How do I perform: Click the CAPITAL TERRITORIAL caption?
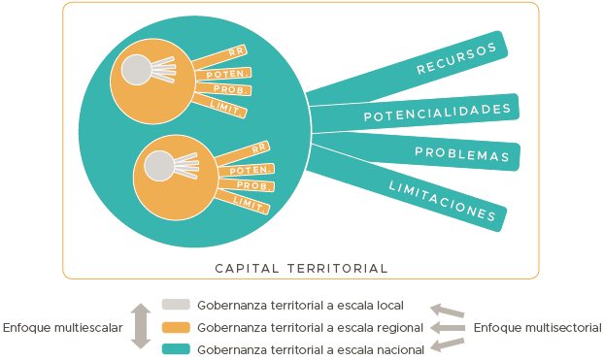coord(301,268)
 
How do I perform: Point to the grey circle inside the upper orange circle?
coord(136,70)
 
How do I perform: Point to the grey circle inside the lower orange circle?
coord(158,167)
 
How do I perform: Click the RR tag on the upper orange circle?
coord(234,52)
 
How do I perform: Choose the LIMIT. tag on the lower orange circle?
coord(250,202)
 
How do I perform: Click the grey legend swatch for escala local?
coord(176,305)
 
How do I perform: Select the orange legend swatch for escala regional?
coord(176,327)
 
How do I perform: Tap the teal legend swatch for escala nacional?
coord(176,348)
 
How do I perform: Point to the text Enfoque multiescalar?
coord(62,328)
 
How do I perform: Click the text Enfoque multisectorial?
coord(537,328)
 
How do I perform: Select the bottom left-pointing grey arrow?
coord(448,344)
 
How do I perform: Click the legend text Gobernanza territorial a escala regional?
coord(310,327)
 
